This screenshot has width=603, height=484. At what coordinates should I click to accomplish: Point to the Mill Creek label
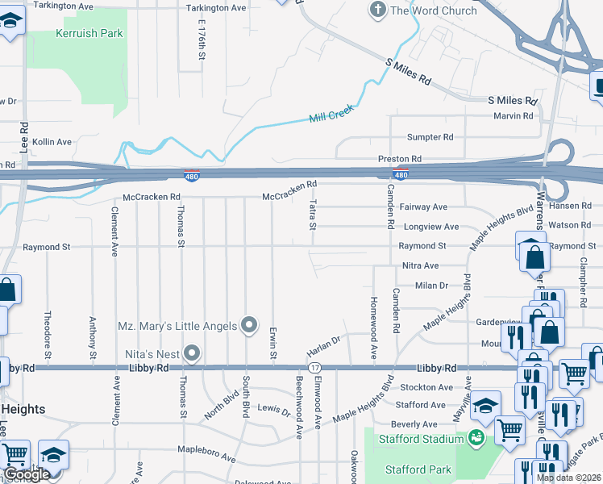pos(331,117)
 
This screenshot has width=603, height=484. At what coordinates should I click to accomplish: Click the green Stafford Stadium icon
pos(476,439)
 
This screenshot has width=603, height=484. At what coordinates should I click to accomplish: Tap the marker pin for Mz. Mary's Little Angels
pos(250,325)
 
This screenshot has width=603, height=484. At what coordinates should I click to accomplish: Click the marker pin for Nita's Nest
pos(192,352)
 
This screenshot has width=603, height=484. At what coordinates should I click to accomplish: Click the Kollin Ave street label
pos(52,142)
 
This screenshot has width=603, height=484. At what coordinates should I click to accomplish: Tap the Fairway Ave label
pos(423,207)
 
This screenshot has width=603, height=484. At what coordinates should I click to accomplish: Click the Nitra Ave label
pos(420,265)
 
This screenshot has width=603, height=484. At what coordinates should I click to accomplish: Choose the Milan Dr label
pos(431,286)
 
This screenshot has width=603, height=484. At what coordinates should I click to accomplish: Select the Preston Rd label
pos(400,159)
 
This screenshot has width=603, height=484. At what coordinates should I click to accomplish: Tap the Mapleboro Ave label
pos(206,458)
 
